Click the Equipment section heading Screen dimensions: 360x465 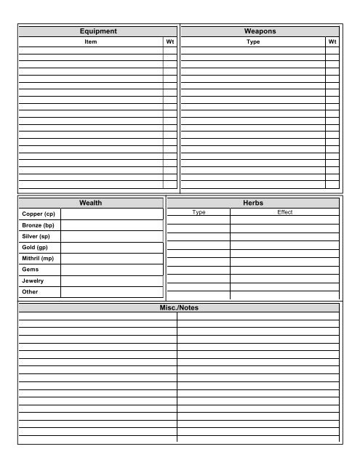point(98,31)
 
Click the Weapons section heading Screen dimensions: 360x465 point(260,31)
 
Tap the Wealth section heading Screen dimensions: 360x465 point(91,203)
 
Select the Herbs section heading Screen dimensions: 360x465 point(254,203)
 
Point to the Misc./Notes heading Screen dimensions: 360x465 point(179,308)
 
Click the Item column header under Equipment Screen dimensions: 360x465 point(91,42)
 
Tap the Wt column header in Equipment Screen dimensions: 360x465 point(170,42)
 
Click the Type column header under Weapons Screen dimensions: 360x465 point(253,42)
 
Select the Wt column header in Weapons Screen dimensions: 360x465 point(332,42)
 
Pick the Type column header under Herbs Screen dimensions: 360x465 point(199,212)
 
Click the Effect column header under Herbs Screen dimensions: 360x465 point(284,212)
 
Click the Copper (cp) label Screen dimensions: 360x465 point(39,214)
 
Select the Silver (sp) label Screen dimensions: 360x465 point(36,236)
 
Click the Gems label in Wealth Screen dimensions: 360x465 point(31,269)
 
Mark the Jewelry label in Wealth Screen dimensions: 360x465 point(33,280)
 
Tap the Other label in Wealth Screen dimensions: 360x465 point(30,291)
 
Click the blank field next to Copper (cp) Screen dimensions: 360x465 point(112,214)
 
